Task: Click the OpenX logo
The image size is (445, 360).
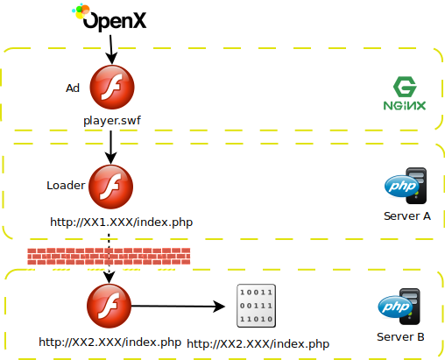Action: [109, 18]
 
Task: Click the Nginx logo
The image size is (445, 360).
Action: [405, 94]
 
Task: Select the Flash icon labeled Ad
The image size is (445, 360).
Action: [112, 87]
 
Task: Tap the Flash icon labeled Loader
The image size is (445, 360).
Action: [110, 187]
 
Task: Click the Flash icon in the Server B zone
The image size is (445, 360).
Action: [109, 306]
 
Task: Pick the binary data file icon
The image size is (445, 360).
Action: [256, 306]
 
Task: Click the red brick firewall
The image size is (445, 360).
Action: [109, 257]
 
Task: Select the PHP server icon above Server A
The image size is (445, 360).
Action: [406, 186]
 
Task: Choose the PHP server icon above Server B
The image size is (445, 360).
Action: [399, 307]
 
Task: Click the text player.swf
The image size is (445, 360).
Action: [112, 121]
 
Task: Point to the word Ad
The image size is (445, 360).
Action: [73, 88]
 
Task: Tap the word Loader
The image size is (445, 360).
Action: [66, 186]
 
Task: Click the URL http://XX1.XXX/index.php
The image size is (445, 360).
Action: [122, 222]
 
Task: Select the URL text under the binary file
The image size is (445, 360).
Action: [258, 344]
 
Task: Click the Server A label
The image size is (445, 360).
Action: [407, 216]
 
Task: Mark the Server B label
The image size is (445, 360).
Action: [400, 337]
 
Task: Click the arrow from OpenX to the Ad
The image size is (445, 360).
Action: [111, 49]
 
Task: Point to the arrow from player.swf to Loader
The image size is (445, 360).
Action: [110, 147]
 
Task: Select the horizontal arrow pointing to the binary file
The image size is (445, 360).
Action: [178, 307]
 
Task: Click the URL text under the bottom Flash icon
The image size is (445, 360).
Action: [110, 342]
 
